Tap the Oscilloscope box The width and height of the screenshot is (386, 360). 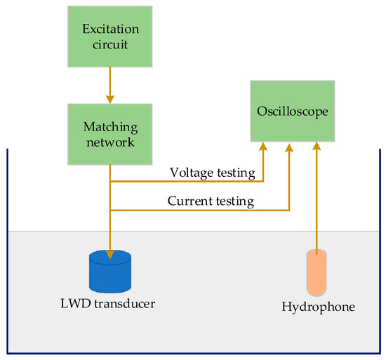[x=291, y=110]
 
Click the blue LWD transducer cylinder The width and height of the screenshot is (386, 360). [x=111, y=272]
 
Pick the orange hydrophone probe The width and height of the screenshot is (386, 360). [x=317, y=273]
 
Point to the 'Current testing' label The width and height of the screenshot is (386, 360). [x=210, y=201]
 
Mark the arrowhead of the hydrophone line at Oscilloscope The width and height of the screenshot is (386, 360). [x=317, y=146]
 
